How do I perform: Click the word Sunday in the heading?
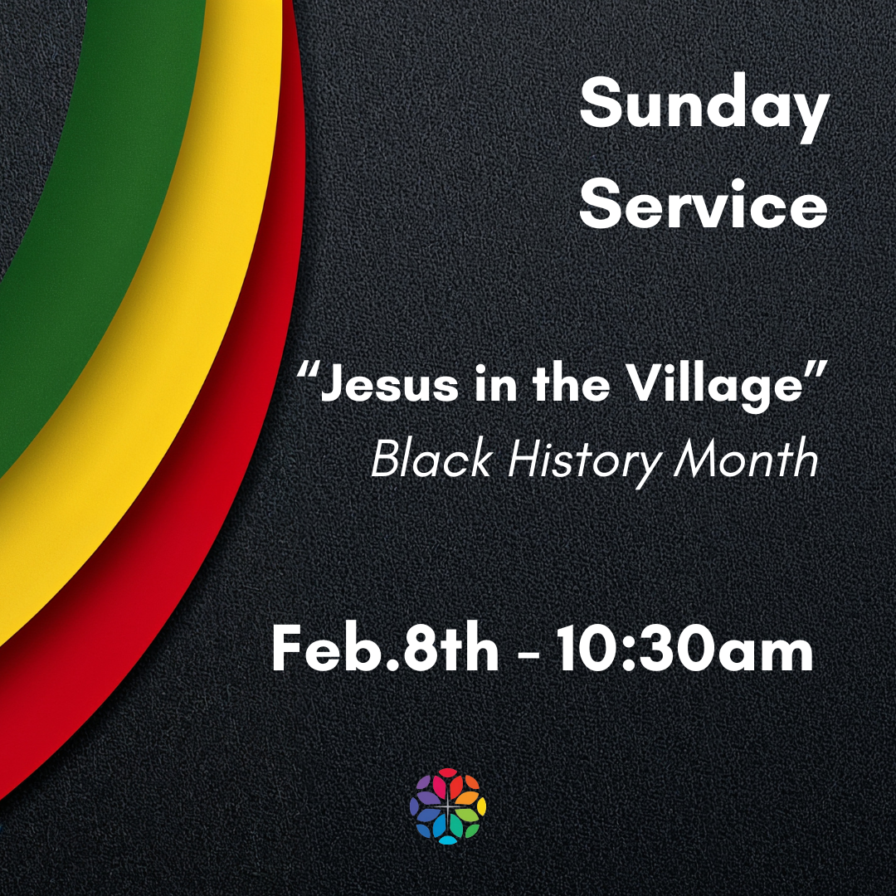(704, 108)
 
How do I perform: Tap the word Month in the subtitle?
(746, 459)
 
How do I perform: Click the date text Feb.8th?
(385, 650)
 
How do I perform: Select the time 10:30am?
(684, 650)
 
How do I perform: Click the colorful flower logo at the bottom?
(448, 806)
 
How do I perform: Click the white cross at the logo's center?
(448, 806)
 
